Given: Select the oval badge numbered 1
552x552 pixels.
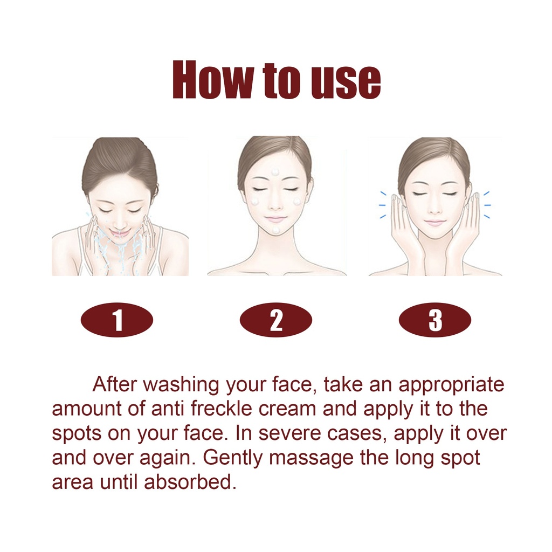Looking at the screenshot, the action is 117,320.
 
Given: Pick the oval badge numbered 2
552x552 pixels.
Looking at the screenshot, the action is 276,320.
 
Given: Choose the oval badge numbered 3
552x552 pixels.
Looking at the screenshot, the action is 435,320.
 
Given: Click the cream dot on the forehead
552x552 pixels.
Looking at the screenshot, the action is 275,172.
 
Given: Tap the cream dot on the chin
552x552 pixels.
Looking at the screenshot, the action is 275,230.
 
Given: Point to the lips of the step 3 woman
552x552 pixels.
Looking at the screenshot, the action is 434,223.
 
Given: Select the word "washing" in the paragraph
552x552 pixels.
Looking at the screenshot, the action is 181,385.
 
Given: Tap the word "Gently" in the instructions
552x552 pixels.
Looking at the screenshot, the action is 232,458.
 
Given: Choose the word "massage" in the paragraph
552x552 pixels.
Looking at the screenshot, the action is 311,459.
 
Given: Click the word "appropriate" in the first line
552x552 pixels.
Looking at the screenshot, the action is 451,385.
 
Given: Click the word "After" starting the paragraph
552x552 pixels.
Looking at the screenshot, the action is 114,384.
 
